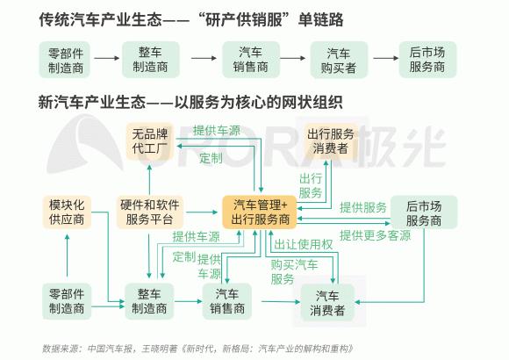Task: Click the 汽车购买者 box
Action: click(339, 60)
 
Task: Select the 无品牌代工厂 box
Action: click(150, 141)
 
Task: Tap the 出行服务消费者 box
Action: click(331, 141)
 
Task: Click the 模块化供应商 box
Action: click(67, 212)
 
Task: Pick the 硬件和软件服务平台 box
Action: click(150, 212)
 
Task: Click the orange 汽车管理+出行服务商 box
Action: click(260, 212)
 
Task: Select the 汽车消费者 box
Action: click(327, 303)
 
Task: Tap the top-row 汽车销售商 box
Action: click(251, 60)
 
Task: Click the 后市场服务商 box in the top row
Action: click(427, 60)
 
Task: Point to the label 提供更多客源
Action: click(375, 235)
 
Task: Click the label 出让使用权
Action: click(303, 244)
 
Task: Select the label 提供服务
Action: click(363, 207)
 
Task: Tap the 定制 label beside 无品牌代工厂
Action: click(211, 158)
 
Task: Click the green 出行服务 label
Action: click(311, 185)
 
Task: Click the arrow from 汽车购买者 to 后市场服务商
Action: click(385, 58)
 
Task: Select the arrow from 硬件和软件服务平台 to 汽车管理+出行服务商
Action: click(201, 212)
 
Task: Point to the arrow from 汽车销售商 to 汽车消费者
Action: click(281, 302)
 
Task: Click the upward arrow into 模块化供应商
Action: click(67, 256)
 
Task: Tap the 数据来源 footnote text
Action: click(197, 349)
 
